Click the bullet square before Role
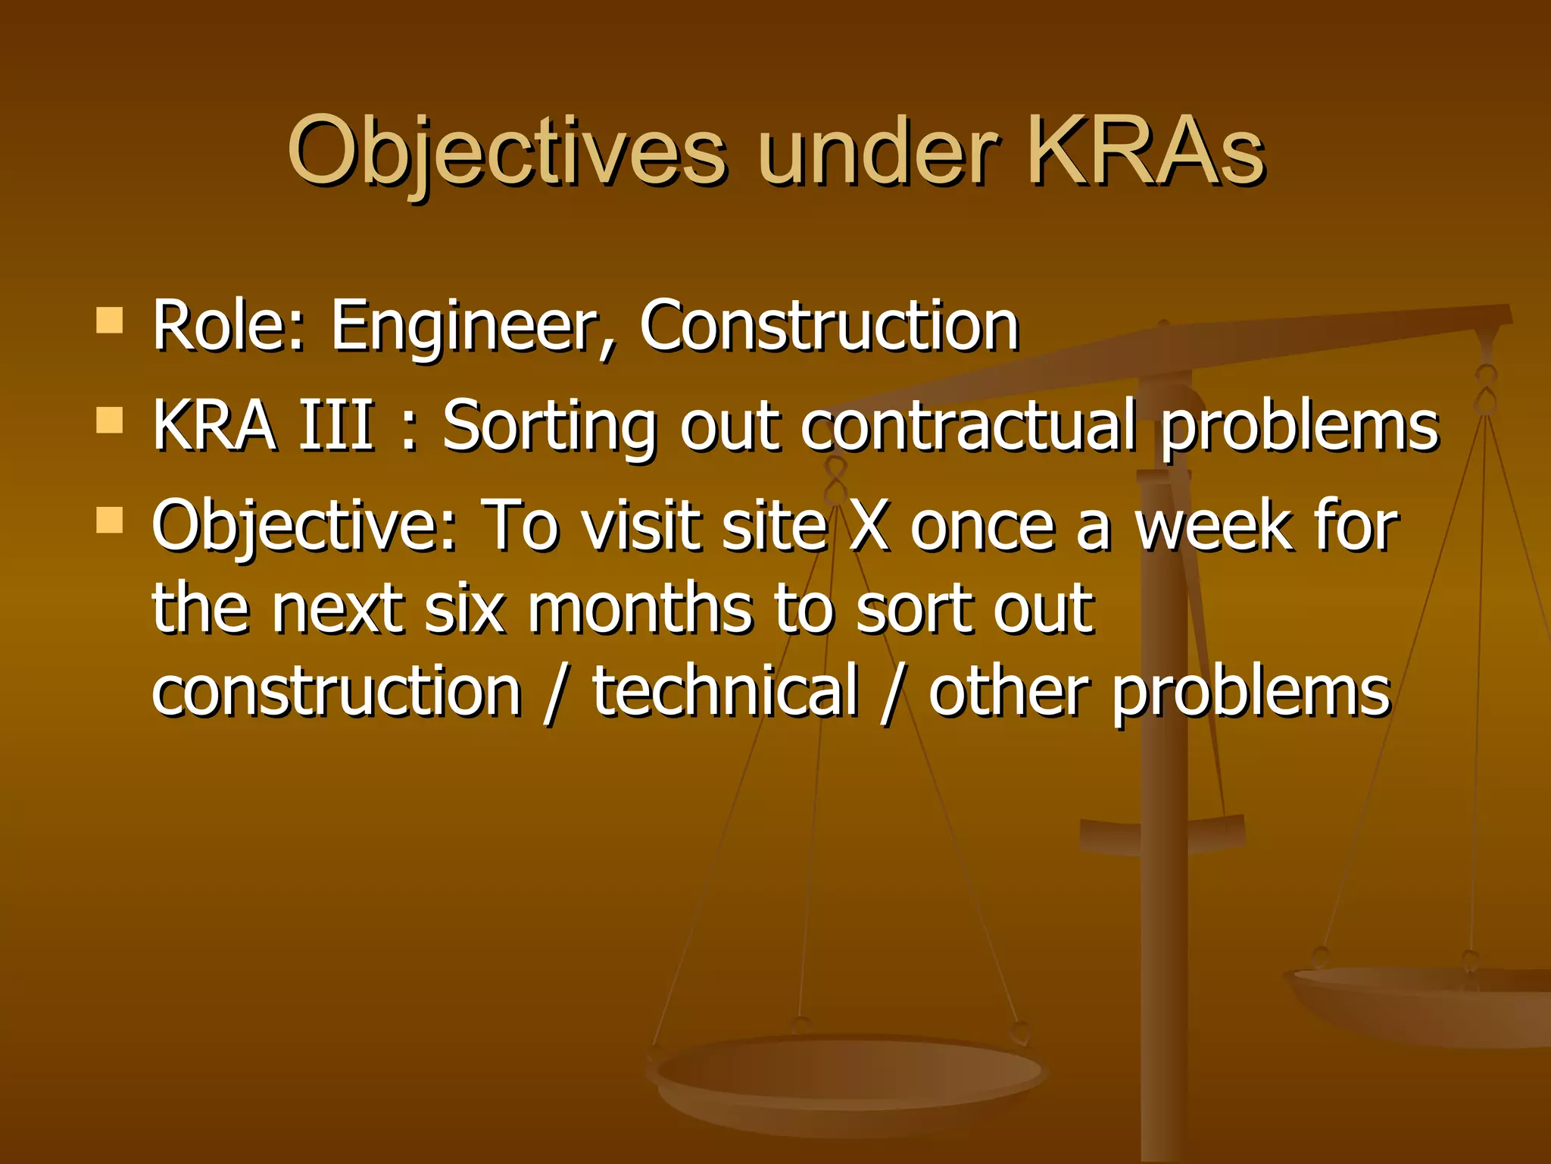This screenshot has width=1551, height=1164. tap(110, 321)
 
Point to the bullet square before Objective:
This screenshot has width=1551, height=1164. tap(110, 521)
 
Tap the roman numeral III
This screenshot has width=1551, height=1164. tap(336, 425)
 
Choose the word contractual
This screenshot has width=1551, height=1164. tap(969, 425)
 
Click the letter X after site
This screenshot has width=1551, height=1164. tap(868, 526)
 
